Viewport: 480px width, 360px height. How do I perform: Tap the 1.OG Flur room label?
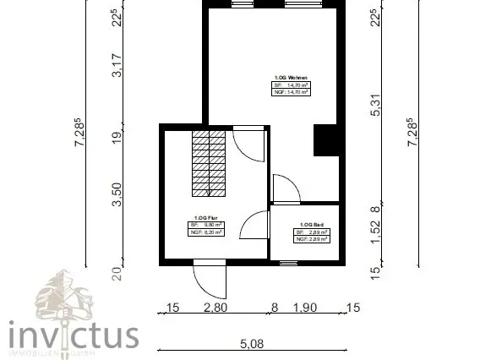(x=206, y=217)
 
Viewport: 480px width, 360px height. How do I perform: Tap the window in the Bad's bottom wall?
(x=290, y=263)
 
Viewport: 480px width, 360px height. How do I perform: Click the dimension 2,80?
(x=215, y=308)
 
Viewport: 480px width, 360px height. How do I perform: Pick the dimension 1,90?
(x=304, y=308)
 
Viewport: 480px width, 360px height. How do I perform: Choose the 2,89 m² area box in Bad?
(x=312, y=237)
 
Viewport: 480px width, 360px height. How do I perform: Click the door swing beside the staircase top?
(x=250, y=142)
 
